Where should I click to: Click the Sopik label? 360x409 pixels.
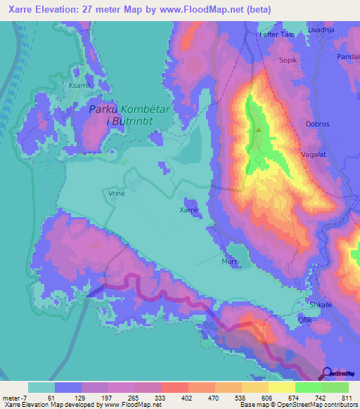coord(290,61)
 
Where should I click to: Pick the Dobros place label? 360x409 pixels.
coord(318,124)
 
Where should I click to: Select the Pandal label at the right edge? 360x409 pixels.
coord(348,56)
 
